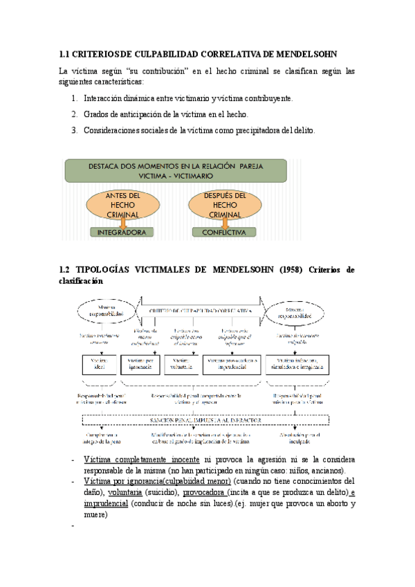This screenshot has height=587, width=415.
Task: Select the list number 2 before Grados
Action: point(74,114)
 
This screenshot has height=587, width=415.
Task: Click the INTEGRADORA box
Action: point(122,233)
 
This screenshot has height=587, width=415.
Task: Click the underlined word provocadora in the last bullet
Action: point(207,492)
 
